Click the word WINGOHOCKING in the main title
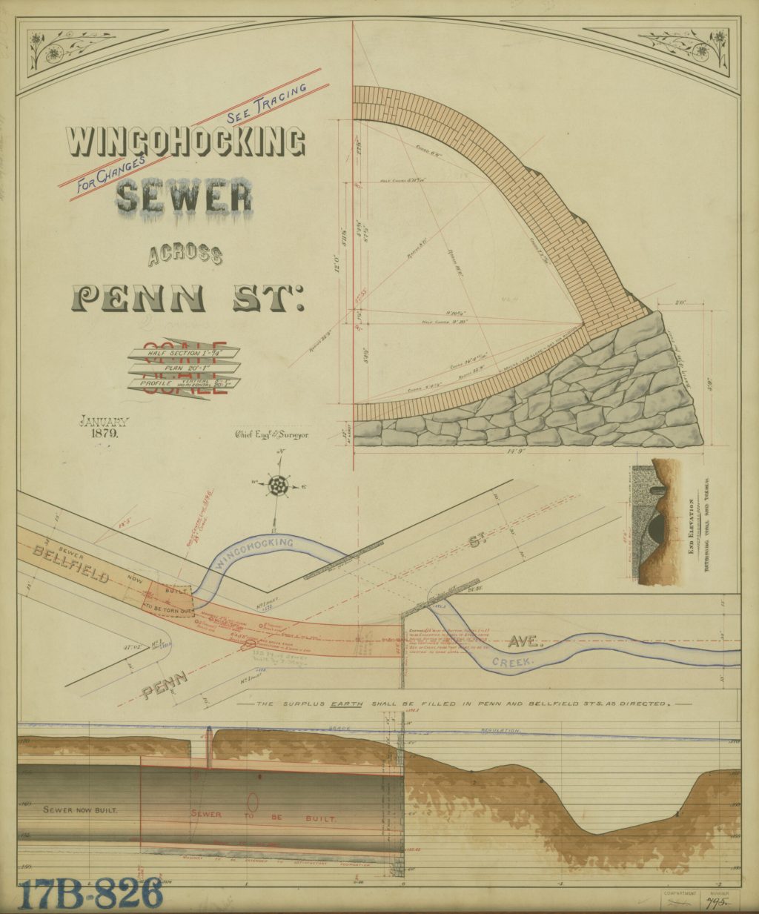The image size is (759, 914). [185, 142]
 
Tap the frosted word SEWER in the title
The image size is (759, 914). [184, 197]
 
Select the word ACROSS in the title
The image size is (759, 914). [185, 256]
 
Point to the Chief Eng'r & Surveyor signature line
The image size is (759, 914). [271, 434]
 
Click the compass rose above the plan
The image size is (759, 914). [278, 486]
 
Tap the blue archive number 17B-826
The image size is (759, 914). [90, 893]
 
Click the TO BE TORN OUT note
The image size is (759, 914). [168, 607]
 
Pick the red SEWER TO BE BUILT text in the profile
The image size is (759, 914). [263, 818]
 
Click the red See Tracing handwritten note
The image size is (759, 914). [267, 101]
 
